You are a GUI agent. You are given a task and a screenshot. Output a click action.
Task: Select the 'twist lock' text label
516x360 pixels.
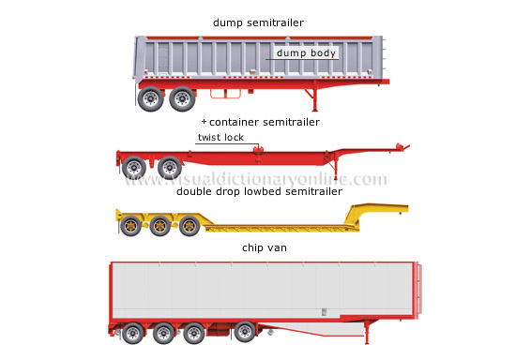tap(220, 137)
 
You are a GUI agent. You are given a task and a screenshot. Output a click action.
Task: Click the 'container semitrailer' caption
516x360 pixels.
tap(265, 122)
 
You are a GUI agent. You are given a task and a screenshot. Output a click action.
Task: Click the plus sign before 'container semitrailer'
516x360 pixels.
tap(204, 122)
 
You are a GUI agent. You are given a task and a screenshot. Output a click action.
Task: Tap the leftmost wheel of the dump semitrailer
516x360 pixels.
tap(149, 97)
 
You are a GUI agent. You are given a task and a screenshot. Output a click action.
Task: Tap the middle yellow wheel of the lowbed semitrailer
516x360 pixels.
tap(161, 225)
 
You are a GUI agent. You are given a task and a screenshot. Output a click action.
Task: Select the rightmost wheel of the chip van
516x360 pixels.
tap(245, 333)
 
